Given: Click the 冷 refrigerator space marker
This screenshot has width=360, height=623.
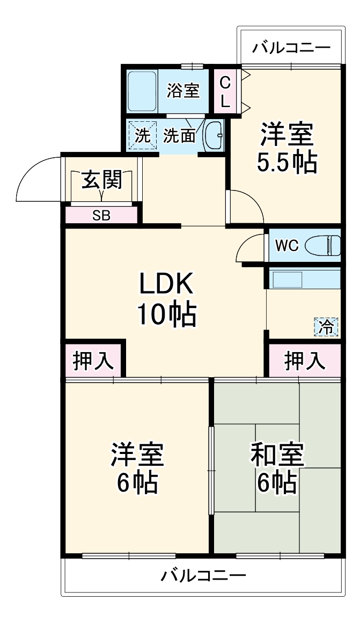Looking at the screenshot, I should pos(326,327).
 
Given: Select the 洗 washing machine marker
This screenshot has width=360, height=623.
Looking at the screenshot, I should pos(142,135).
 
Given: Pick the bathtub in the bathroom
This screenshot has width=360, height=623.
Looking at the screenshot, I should pos(142,90).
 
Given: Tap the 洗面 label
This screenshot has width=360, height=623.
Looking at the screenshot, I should pos(179,136).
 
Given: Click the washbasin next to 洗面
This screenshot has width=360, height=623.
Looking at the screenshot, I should pos(214,136).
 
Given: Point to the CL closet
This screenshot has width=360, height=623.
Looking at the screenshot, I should pos(225,91).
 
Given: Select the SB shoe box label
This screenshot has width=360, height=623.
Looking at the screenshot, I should pos(101,216).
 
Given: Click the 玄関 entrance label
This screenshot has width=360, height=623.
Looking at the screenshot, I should pos(101,181).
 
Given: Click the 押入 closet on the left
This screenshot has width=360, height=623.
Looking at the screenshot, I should pos(93,361).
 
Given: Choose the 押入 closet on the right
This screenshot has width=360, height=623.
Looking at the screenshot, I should pos(304,361).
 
